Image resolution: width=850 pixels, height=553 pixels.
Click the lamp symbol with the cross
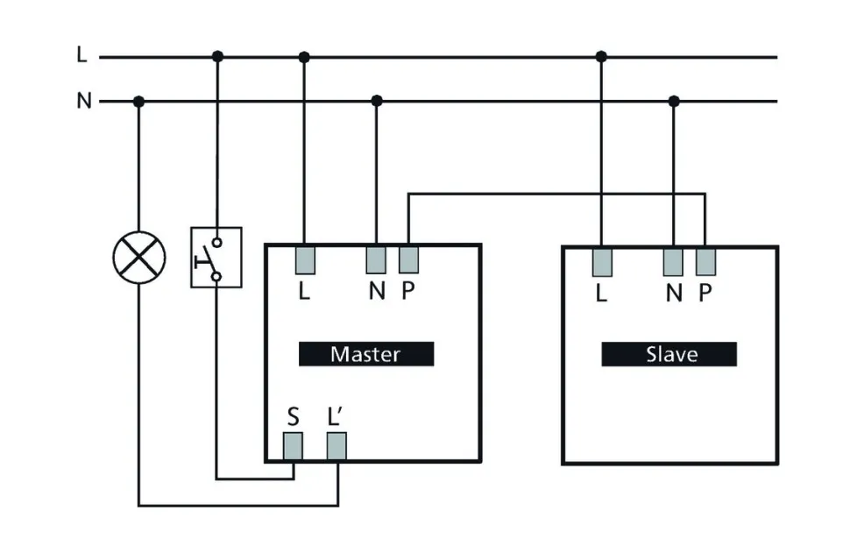[x=138, y=258]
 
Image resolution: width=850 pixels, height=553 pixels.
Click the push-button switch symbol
[x=216, y=258]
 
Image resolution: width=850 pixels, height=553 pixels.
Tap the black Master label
[x=366, y=354]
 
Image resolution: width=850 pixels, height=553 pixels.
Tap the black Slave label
[x=669, y=354]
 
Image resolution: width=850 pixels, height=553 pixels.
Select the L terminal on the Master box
[x=304, y=260]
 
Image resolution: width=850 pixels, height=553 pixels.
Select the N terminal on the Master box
[x=376, y=260]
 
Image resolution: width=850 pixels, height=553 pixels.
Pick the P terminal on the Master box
[x=408, y=260]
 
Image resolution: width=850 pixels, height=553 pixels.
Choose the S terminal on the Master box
[x=293, y=447]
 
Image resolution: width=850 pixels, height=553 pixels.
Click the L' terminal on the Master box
[x=336, y=447]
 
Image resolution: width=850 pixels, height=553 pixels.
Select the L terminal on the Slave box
[x=601, y=262]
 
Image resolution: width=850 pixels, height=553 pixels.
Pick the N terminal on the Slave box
[x=673, y=262]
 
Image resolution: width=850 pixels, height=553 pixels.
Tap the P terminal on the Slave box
[x=705, y=262]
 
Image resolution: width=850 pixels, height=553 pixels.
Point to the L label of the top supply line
[x=81, y=55]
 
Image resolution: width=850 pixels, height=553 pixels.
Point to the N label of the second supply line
[x=83, y=101]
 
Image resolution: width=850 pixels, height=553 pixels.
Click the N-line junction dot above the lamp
[x=138, y=102]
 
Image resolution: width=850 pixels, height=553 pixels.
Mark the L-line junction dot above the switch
[x=217, y=57]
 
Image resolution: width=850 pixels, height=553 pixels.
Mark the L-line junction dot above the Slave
[x=601, y=57]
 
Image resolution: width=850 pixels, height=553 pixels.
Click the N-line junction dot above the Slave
[x=673, y=102]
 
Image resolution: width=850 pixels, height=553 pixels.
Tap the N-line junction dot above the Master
[x=376, y=102]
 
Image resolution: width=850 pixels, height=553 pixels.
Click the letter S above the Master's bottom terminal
[x=293, y=415]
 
